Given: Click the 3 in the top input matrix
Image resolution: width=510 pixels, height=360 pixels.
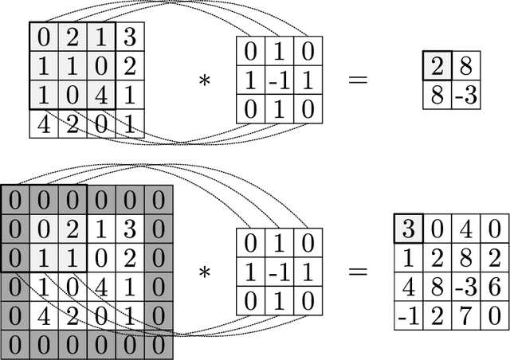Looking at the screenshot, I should (131, 36).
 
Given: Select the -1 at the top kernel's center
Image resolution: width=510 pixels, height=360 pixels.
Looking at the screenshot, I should (280, 80).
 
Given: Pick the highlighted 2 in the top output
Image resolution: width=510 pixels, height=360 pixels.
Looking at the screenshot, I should (437, 64).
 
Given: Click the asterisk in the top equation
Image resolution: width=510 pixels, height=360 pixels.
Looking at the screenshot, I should (205, 80).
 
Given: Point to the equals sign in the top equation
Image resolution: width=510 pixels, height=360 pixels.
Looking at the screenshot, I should (359, 79).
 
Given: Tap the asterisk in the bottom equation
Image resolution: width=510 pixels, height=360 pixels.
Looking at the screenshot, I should (205, 272).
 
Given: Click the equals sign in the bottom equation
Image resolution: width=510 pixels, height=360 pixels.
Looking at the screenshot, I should (359, 271).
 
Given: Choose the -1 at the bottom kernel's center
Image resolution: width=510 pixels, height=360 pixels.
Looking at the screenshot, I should (280, 272).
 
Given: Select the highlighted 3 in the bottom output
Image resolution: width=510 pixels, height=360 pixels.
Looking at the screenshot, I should (409, 229).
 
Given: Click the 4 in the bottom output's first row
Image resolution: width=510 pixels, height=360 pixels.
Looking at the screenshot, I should (468, 229).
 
